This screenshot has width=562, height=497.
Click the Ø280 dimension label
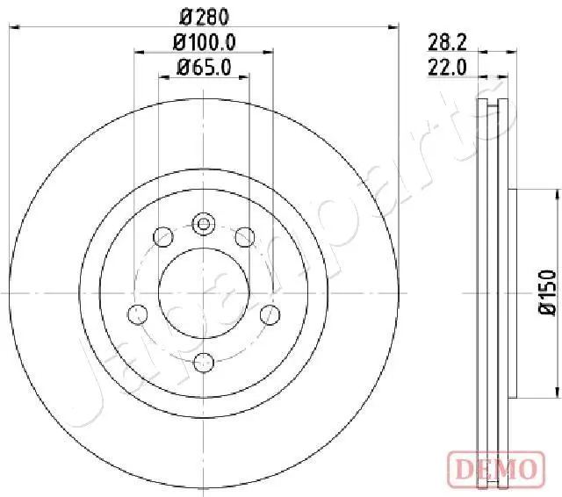click(x=204, y=17)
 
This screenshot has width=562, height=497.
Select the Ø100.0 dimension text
click(x=204, y=43)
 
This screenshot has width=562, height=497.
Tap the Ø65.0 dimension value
click(x=204, y=68)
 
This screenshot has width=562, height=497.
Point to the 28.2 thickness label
click(x=447, y=43)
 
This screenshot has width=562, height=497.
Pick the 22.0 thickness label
click(x=447, y=67)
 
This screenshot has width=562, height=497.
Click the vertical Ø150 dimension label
click(x=548, y=293)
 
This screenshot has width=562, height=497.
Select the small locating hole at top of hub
click(x=204, y=224)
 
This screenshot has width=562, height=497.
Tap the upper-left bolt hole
click(x=163, y=237)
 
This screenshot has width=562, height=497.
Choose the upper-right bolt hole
click(x=245, y=237)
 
